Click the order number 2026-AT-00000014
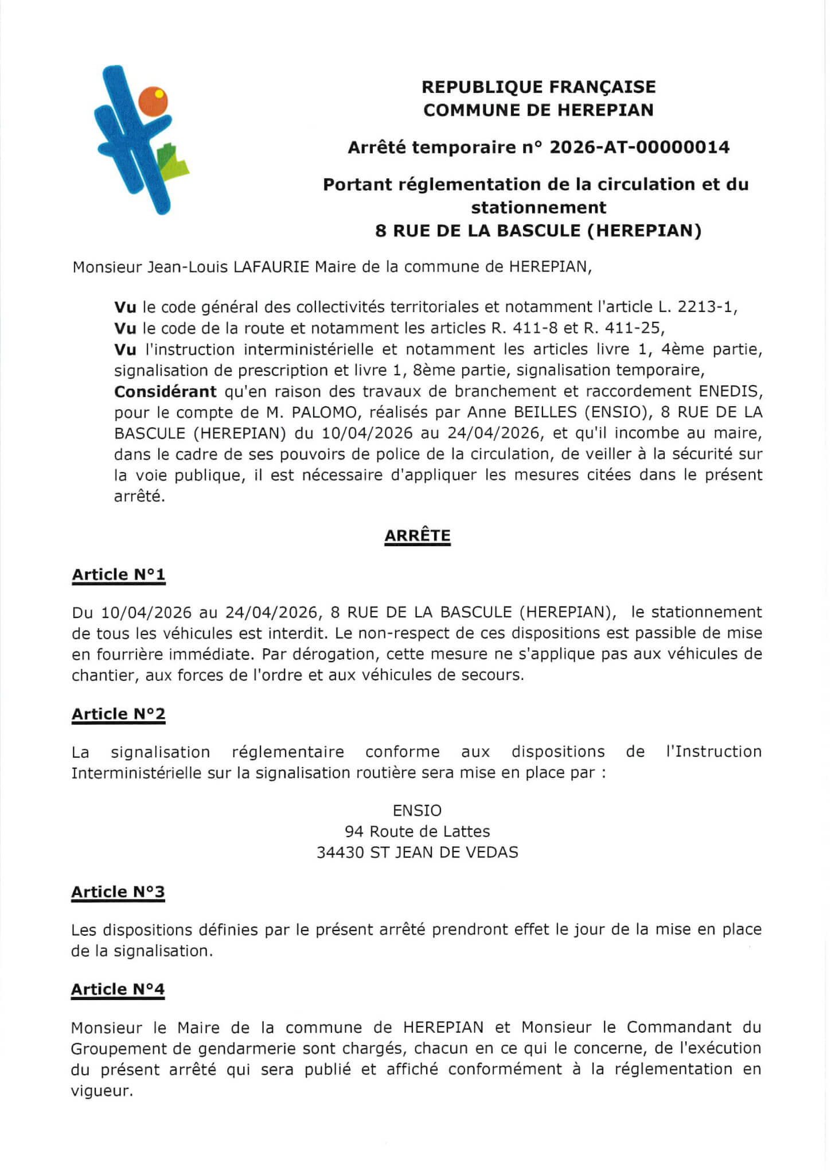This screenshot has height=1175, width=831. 639,147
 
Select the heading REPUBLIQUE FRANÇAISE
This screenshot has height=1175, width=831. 539,87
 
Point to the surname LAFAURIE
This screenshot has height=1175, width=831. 271,267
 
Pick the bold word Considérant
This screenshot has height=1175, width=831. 165,392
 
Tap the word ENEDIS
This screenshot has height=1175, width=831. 730,392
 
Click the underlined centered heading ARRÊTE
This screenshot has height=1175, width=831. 418,536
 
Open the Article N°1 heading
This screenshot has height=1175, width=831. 119,575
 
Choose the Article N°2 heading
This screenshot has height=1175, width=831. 119,714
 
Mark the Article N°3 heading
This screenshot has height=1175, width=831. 118,892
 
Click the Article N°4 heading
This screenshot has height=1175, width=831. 118,990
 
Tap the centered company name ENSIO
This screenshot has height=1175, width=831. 417,811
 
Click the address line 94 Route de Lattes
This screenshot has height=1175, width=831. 417,831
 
